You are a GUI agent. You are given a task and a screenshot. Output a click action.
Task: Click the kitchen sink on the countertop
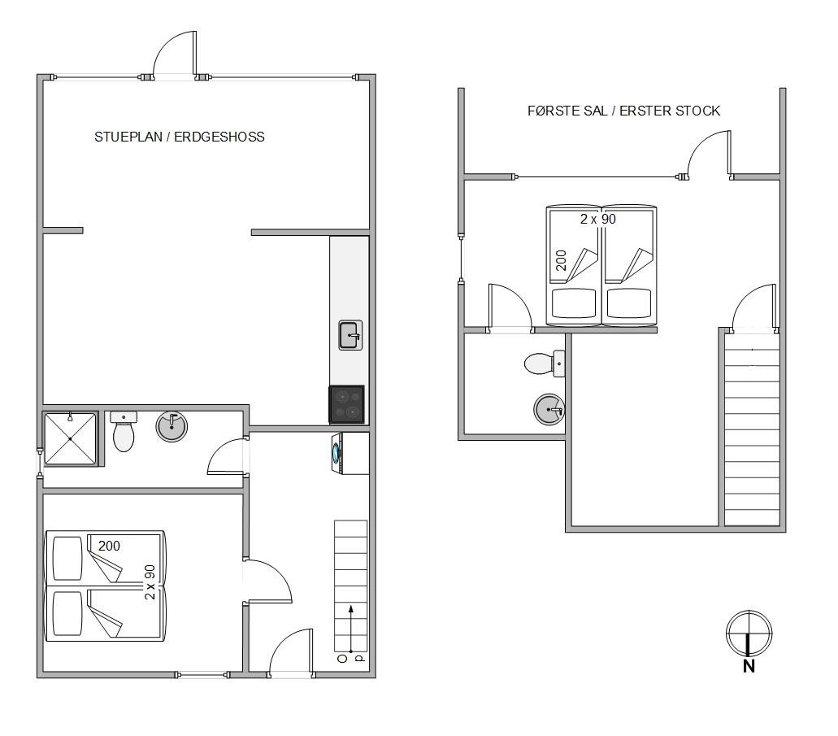pos(350,335)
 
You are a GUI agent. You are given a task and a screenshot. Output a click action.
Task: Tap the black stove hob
pos(346,404)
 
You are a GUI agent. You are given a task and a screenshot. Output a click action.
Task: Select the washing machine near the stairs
pos(350,453)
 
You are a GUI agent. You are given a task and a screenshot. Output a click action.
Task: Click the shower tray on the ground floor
pos(70,438)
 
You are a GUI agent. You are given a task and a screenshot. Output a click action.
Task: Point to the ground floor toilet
pos(124,431)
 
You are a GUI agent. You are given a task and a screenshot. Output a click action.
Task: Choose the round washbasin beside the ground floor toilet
pos(172,426)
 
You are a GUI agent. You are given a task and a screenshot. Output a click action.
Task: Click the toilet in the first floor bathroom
pos(545,364)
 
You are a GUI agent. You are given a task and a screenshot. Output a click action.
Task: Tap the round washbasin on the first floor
pos(549,409)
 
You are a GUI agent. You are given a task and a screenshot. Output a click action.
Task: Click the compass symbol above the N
pos(749,634)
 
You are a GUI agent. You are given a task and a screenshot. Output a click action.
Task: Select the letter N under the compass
pos(749,666)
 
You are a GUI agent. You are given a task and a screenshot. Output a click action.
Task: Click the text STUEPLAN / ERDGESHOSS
pos(180,137)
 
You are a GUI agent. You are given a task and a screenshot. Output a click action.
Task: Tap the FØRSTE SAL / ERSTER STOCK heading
pos(623,111)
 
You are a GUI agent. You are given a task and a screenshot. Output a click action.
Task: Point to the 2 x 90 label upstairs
pos(598,219)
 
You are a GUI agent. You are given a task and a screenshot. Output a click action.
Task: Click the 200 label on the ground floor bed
pos(109,546)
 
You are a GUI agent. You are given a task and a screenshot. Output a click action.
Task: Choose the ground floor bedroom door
pos(267,581)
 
